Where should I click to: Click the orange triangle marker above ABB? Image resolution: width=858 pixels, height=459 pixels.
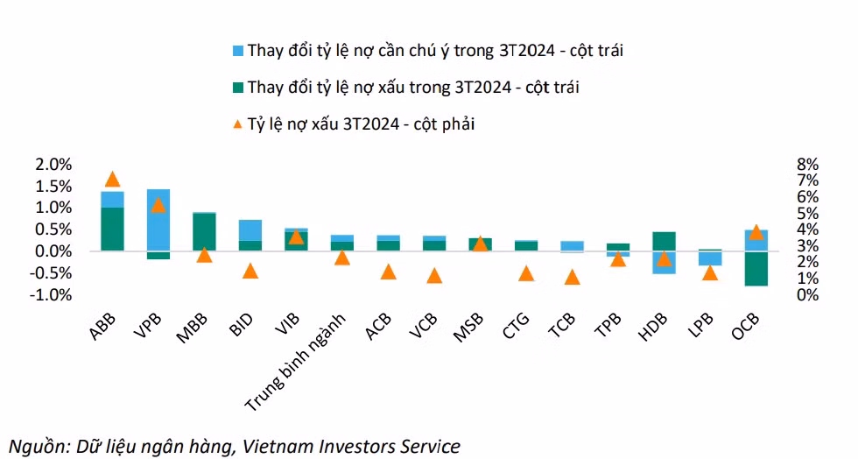coord(112,179)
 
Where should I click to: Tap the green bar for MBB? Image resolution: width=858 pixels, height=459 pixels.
coord(204,231)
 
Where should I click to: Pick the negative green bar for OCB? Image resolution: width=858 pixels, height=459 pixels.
coord(756,268)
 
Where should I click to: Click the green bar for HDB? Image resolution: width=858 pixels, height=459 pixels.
coord(664,241)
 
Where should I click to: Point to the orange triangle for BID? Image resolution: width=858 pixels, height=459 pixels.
coord(250,271)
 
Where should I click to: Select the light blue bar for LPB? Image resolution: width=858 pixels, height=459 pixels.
coord(710,258)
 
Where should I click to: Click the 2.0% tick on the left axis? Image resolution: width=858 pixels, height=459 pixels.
coord(52,165)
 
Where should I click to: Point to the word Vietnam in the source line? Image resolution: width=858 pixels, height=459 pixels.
coord(274,446)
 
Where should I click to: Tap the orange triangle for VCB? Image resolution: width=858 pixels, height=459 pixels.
coord(434,275)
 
